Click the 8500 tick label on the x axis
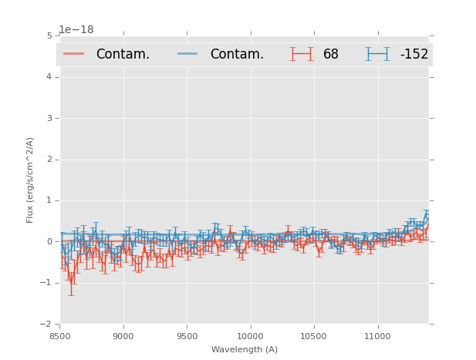tap(59, 336)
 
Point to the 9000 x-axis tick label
tap(123, 336)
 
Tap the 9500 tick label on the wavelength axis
tap(186, 336)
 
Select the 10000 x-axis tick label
tap(250, 336)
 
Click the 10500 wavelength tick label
tap(313, 336)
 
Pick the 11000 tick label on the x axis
tap(376, 336)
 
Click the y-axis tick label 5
tap(49, 35)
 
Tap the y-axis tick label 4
tap(49, 77)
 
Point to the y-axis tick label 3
tap(49, 118)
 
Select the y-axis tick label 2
tap(49, 160)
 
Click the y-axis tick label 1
tap(49, 200)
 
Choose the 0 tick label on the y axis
tap(49, 242)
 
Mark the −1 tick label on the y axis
tap(47, 283)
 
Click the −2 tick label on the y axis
tap(47, 325)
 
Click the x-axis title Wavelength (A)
tap(245, 349)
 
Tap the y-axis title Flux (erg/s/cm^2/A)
tap(30, 180)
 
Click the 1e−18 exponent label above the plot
tap(76, 30)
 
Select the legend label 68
tap(331, 54)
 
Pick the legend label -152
tap(414, 54)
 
